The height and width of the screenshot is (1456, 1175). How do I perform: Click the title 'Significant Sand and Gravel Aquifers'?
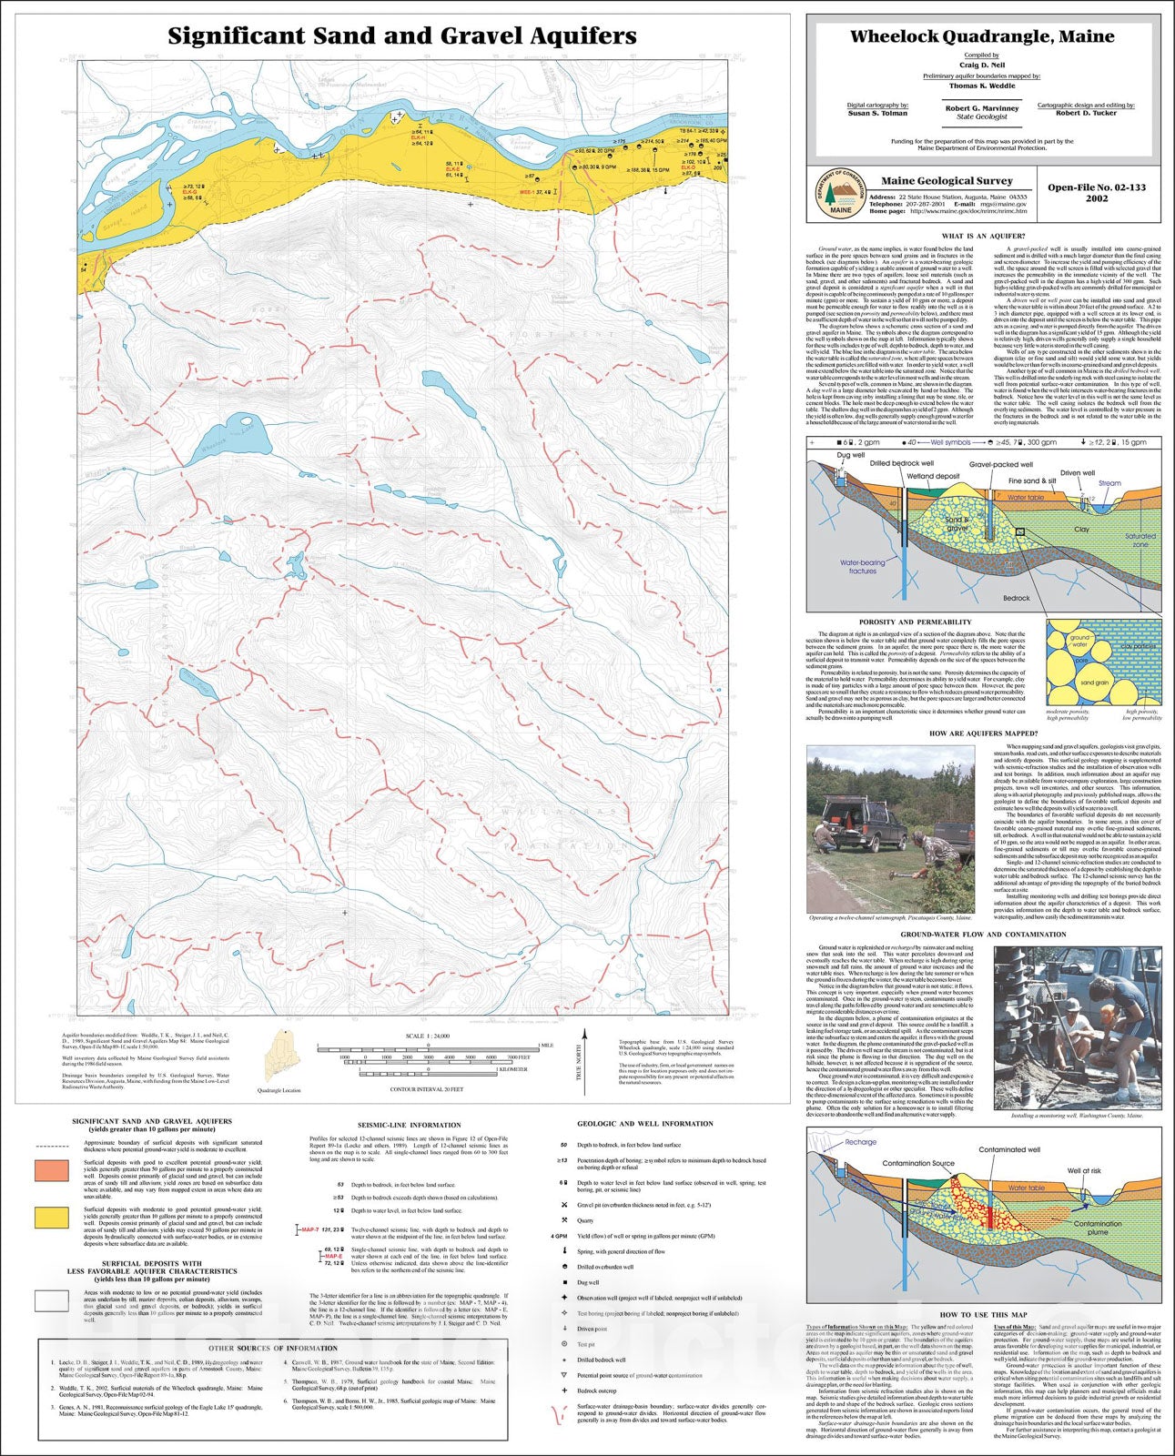401,36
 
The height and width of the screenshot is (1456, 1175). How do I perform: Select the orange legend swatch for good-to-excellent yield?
52,1170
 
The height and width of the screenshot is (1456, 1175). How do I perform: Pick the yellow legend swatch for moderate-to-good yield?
52,1217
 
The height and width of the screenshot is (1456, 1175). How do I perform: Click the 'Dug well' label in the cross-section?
850,455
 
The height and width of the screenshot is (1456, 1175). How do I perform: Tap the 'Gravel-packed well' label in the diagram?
1000,464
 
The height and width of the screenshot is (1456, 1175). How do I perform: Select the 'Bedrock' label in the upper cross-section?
1016,598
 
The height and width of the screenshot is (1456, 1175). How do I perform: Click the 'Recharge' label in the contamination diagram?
860,1142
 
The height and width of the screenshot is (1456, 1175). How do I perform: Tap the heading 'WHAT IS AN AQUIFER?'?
983,237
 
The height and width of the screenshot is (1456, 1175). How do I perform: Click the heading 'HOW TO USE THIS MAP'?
983,1315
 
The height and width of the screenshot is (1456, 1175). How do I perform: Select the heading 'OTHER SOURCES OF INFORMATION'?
273,1349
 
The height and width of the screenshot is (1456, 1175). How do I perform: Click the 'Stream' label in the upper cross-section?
1109,483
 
